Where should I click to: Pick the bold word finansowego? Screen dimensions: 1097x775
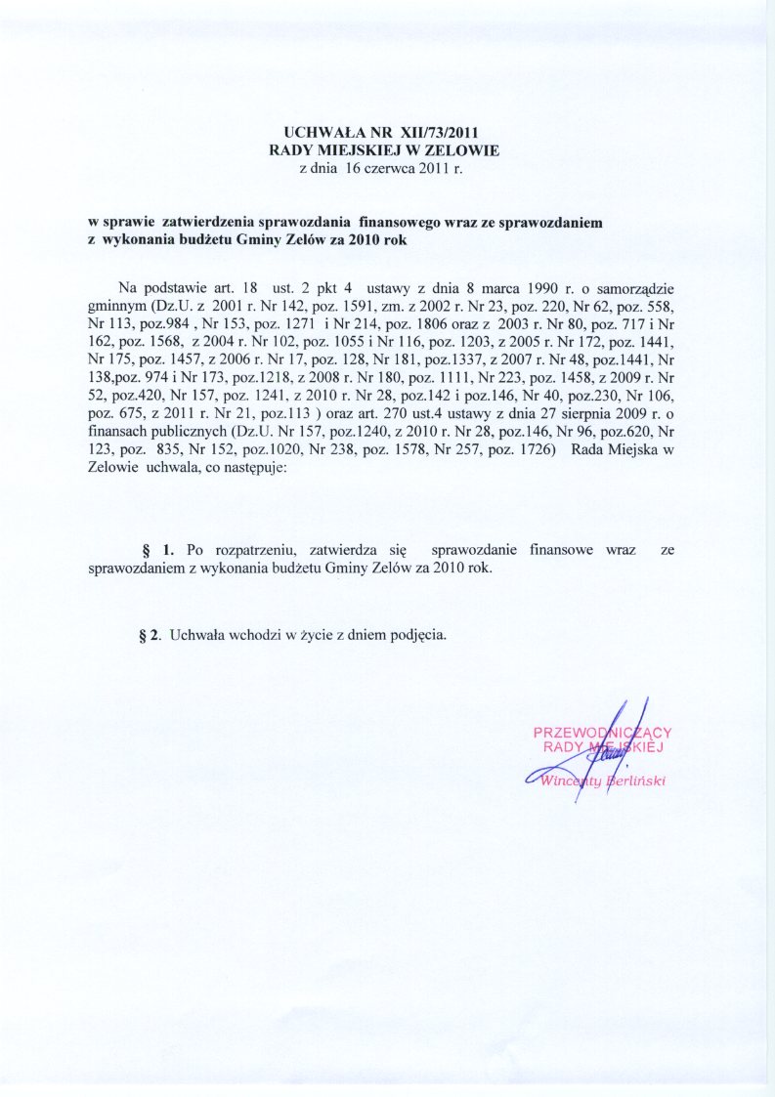pyautogui.click(x=401, y=222)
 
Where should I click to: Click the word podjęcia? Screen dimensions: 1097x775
pyautogui.click(x=420, y=634)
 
